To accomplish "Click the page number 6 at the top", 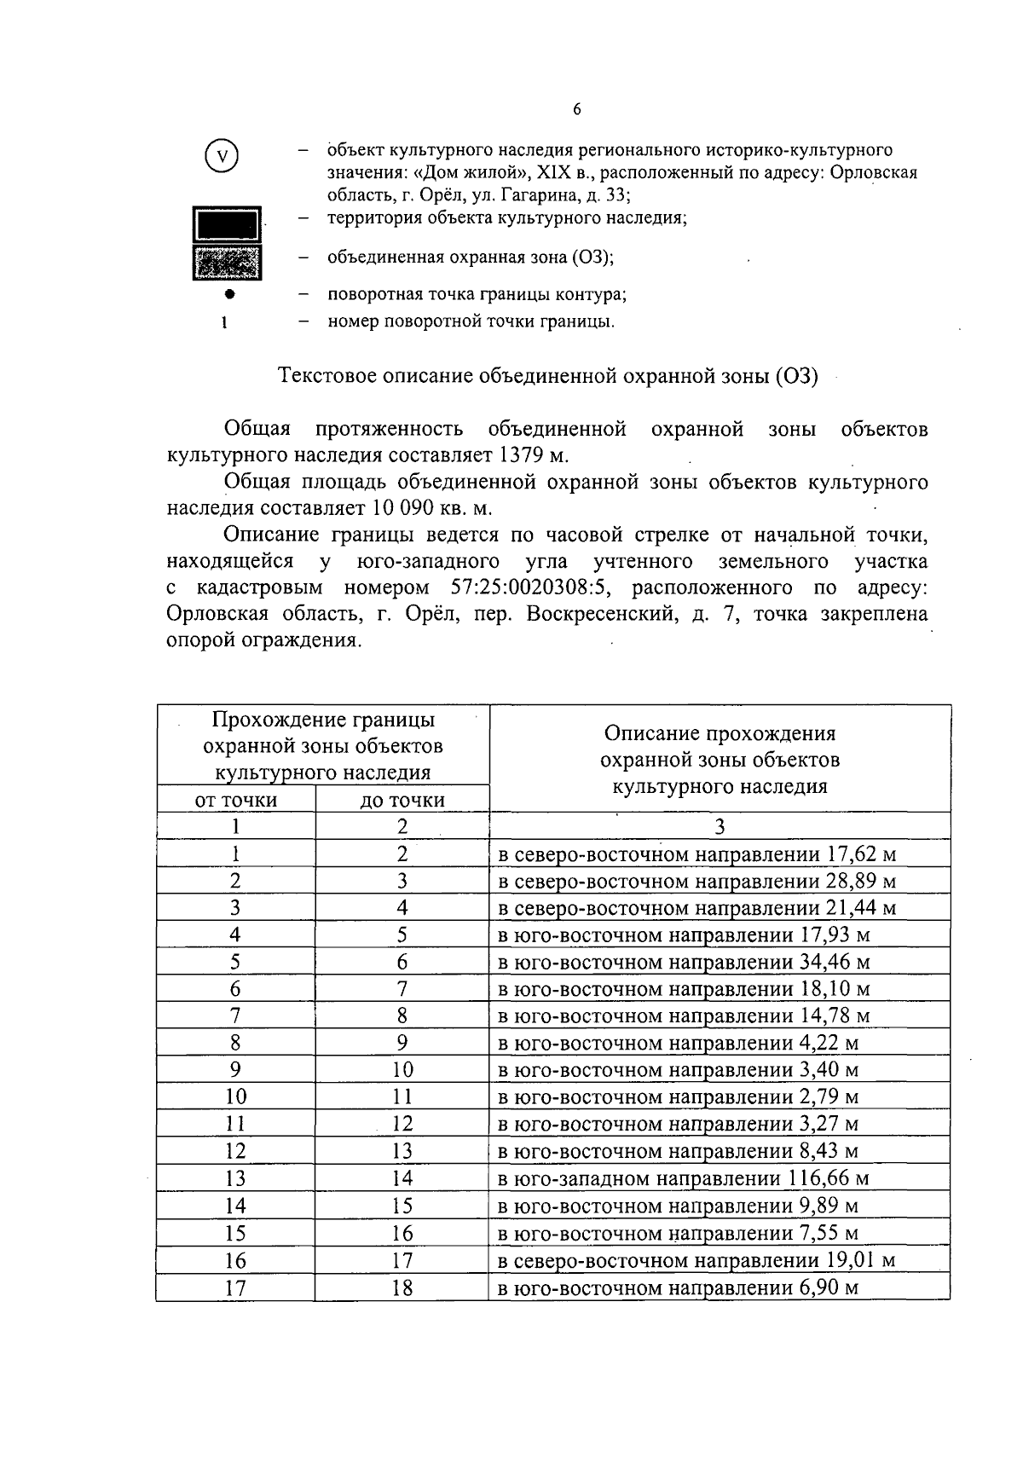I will coord(577,109).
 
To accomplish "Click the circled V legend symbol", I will coord(223,157).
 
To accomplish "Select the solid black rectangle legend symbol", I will coord(228,225).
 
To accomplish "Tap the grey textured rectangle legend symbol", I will coord(228,263).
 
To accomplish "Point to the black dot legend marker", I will coord(228,294).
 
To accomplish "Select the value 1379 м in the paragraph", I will coord(533,455).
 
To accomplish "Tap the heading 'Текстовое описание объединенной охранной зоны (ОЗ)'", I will coord(549,376).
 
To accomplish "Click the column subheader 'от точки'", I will coord(236,800).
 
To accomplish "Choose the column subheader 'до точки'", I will coord(402,800).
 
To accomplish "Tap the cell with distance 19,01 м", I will coord(861,1260).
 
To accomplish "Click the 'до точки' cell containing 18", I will coord(402,1287).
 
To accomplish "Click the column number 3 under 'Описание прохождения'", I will coord(720,826).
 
